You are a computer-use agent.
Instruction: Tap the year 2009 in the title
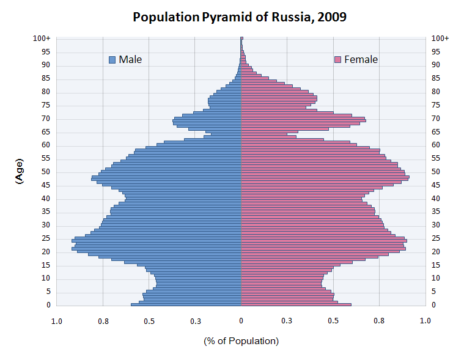(331, 17)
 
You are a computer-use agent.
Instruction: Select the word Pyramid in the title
(225, 17)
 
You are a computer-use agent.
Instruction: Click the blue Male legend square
(112, 59)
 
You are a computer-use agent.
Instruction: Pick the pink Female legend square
(337, 59)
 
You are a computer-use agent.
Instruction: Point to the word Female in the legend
(361, 59)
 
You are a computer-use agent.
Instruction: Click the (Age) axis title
(19, 172)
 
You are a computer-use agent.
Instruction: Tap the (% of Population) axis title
(241, 340)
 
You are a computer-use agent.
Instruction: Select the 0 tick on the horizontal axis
(241, 320)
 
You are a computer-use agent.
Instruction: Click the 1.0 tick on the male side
(57, 320)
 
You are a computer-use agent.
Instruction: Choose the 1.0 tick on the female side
(425, 320)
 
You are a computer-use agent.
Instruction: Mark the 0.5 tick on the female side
(333, 320)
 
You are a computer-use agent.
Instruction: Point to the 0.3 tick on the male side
(195, 320)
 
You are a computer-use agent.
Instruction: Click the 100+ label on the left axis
(42, 39)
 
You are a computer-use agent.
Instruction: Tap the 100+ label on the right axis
(440, 39)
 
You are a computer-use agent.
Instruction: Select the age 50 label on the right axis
(435, 172)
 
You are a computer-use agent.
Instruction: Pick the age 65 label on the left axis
(45, 132)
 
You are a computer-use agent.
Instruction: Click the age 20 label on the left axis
(45, 252)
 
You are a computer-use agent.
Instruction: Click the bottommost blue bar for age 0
(186, 304)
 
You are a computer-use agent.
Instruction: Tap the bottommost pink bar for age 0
(296, 304)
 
